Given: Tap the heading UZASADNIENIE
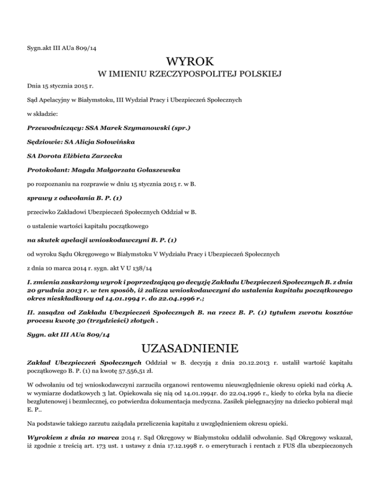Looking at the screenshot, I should [x=190, y=345].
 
